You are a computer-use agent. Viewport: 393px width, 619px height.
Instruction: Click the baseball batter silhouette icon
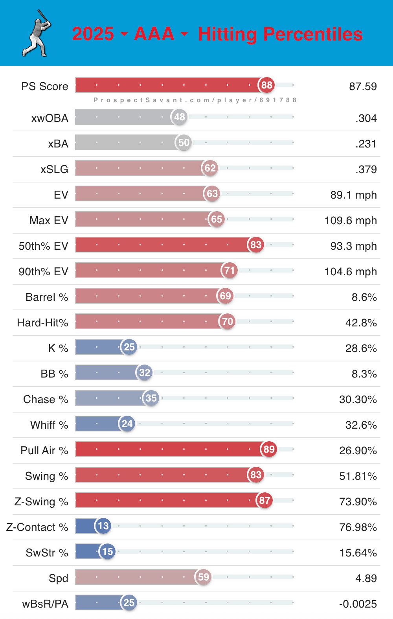pos(37,33)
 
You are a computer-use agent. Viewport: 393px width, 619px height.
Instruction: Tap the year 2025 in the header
pos(93,34)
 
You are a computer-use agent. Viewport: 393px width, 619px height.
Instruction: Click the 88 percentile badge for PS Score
pos(266,85)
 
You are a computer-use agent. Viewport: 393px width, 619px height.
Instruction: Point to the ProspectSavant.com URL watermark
pos(195,100)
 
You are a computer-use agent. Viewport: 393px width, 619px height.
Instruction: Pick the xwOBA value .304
pos(366,118)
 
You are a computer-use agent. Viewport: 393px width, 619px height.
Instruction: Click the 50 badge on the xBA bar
pos(184,142)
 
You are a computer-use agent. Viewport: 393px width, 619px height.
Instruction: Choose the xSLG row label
pos(54,169)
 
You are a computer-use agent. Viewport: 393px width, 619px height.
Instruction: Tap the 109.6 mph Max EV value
pos(351,220)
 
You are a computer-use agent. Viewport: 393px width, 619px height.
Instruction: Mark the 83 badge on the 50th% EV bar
pos(256,245)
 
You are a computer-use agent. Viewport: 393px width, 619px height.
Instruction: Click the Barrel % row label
pos(47,297)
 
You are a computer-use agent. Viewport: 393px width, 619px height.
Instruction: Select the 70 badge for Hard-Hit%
pos(228,321)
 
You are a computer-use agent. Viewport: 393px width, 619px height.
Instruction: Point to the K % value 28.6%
pos(361,348)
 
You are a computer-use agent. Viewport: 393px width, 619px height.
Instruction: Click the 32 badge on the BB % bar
pos(145,372)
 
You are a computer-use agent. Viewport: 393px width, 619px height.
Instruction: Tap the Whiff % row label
pos(49,425)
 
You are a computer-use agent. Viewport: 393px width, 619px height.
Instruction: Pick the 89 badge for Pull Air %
pos(269,449)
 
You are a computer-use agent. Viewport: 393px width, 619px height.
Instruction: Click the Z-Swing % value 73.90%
pos(358,501)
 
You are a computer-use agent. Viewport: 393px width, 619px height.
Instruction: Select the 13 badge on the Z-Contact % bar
pos(103,526)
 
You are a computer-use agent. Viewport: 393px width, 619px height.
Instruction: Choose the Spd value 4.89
pos(366,578)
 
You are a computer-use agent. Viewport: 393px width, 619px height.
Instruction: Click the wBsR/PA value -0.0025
pos(358,604)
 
